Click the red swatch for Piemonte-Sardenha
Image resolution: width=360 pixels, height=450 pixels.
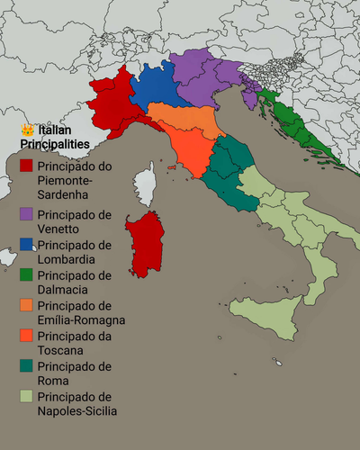point(27,166)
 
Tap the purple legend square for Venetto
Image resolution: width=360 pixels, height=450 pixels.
point(27,215)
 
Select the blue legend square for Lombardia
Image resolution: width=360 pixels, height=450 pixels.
point(27,245)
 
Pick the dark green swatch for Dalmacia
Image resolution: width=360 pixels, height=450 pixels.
point(27,275)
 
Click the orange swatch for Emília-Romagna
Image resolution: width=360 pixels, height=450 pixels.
point(27,306)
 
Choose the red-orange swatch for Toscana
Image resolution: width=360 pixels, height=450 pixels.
point(27,337)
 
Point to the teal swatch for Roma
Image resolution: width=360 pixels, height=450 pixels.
point(27,367)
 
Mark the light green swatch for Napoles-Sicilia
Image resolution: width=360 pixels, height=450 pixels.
point(27,397)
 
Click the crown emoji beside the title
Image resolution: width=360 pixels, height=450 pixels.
point(27,130)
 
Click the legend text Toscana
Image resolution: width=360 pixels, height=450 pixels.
point(63,351)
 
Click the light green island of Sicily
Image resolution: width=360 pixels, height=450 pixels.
point(265,315)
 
